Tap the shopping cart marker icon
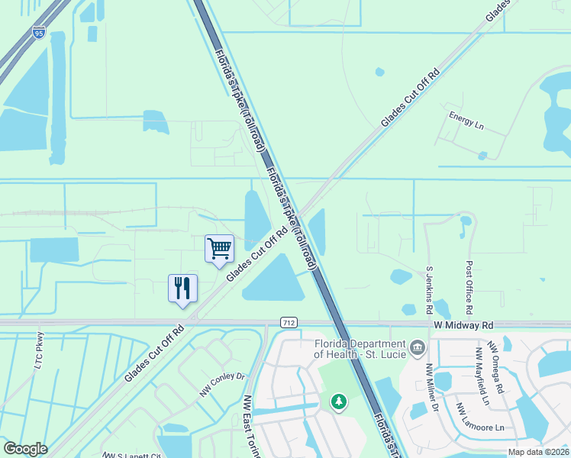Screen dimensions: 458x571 (x=219, y=248)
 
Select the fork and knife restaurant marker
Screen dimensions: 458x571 (x=182, y=288)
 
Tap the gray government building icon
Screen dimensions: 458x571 (x=418, y=349)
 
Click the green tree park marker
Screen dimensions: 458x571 (x=337, y=401)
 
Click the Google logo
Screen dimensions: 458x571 (x=25, y=449)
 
